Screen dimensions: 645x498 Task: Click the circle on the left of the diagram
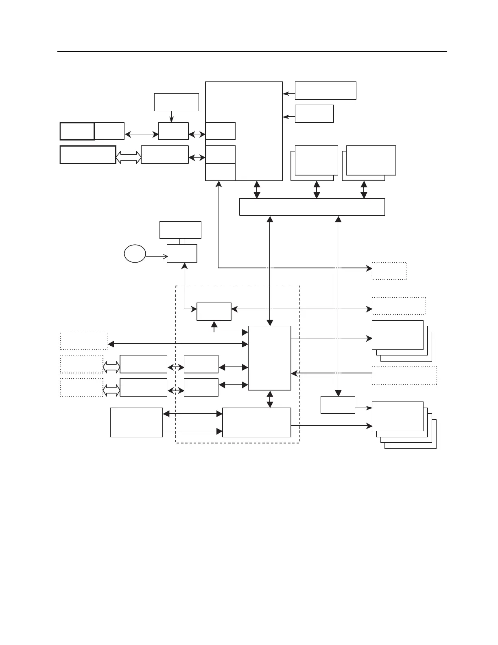[x=135, y=254]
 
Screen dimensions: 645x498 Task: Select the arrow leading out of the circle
[x=157, y=257]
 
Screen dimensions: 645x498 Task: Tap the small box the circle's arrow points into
[x=182, y=253]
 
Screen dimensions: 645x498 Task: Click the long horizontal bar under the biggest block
[x=312, y=207]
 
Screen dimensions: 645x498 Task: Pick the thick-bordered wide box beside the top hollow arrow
[x=88, y=155]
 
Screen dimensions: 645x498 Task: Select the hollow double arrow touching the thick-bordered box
[x=129, y=157]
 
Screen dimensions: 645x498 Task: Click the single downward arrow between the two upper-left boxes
[x=171, y=116]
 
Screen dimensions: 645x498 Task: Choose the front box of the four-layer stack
[x=398, y=416]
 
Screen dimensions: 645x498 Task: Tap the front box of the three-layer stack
[x=398, y=335]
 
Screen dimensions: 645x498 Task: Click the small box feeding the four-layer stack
[x=338, y=404]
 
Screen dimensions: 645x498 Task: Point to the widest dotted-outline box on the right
[x=404, y=375]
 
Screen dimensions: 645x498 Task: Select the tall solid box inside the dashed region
[x=269, y=358]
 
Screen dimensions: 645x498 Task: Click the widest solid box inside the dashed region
[x=257, y=422]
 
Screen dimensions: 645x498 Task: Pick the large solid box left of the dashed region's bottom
[x=136, y=422]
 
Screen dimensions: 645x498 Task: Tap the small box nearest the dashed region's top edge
[x=214, y=312]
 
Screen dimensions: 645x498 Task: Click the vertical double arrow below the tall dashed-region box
[x=269, y=399]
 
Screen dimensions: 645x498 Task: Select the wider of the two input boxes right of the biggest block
[x=325, y=90]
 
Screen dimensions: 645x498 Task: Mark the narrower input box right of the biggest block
[x=314, y=114]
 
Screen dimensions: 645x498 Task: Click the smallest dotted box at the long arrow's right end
[x=389, y=271]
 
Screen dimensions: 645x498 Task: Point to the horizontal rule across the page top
[x=252, y=52]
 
